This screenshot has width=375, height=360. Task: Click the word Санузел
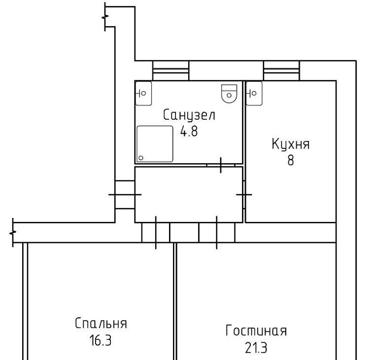(x=189, y=115)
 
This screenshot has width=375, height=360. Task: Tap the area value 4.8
(x=189, y=131)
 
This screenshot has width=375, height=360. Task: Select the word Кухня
(x=291, y=144)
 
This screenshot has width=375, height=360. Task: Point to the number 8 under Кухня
(x=291, y=160)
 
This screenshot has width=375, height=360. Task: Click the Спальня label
(x=101, y=323)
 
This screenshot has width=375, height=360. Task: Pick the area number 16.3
(x=101, y=340)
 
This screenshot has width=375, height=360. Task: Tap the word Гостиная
(x=256, y=330)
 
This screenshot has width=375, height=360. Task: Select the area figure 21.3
(x=256, y=348)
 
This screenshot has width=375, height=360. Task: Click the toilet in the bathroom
(x=229, y=94)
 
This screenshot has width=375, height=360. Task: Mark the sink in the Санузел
(x=143, y=93)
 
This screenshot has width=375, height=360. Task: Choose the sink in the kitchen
(x=254, y=93)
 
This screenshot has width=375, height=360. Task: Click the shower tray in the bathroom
(x=155, y=144)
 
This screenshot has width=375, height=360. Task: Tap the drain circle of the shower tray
(x=141, y=158)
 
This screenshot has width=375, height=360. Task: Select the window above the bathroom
(x=171, y=71)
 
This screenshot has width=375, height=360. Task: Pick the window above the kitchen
(x=281, y=71)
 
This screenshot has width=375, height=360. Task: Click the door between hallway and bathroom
(x=221, y=165)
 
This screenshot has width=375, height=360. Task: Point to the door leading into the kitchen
(x=244, y=195)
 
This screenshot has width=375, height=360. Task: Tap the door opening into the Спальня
(x=156, y=233)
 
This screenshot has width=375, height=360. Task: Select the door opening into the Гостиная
(x=217, y=233)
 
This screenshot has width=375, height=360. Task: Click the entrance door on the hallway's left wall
(x=125, y=195)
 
